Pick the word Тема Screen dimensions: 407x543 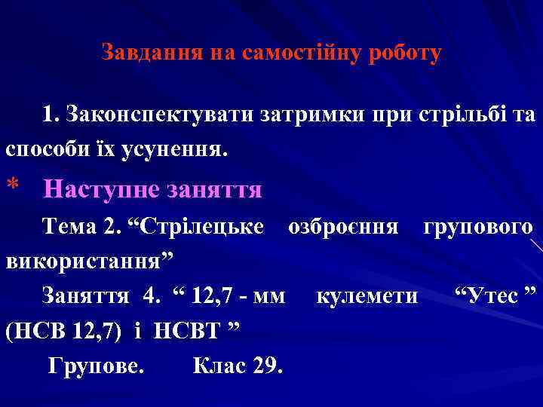click(69, 227)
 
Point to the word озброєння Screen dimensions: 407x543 click(344, 227)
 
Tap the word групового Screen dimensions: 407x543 click(478, 227)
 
